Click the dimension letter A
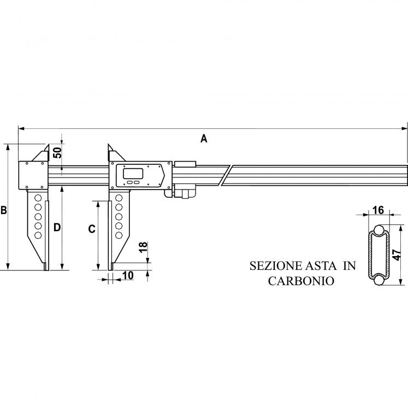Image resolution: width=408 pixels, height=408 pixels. click(204, 138)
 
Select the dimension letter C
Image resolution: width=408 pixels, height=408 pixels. click(92, 229)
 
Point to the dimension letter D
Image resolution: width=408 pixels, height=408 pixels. click(56, 227)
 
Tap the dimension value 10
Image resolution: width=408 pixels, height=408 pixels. click(128, 276)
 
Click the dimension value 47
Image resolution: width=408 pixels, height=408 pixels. click(398, 255)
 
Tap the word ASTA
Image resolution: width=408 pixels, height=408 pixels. click(320, 266)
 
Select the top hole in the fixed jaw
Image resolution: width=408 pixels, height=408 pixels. click(38, 198)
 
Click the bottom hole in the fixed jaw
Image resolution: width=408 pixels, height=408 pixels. click(38, 235)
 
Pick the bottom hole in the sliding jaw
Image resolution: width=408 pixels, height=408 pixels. click(119, 235)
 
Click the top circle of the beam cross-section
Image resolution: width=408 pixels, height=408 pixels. click(378, 229)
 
